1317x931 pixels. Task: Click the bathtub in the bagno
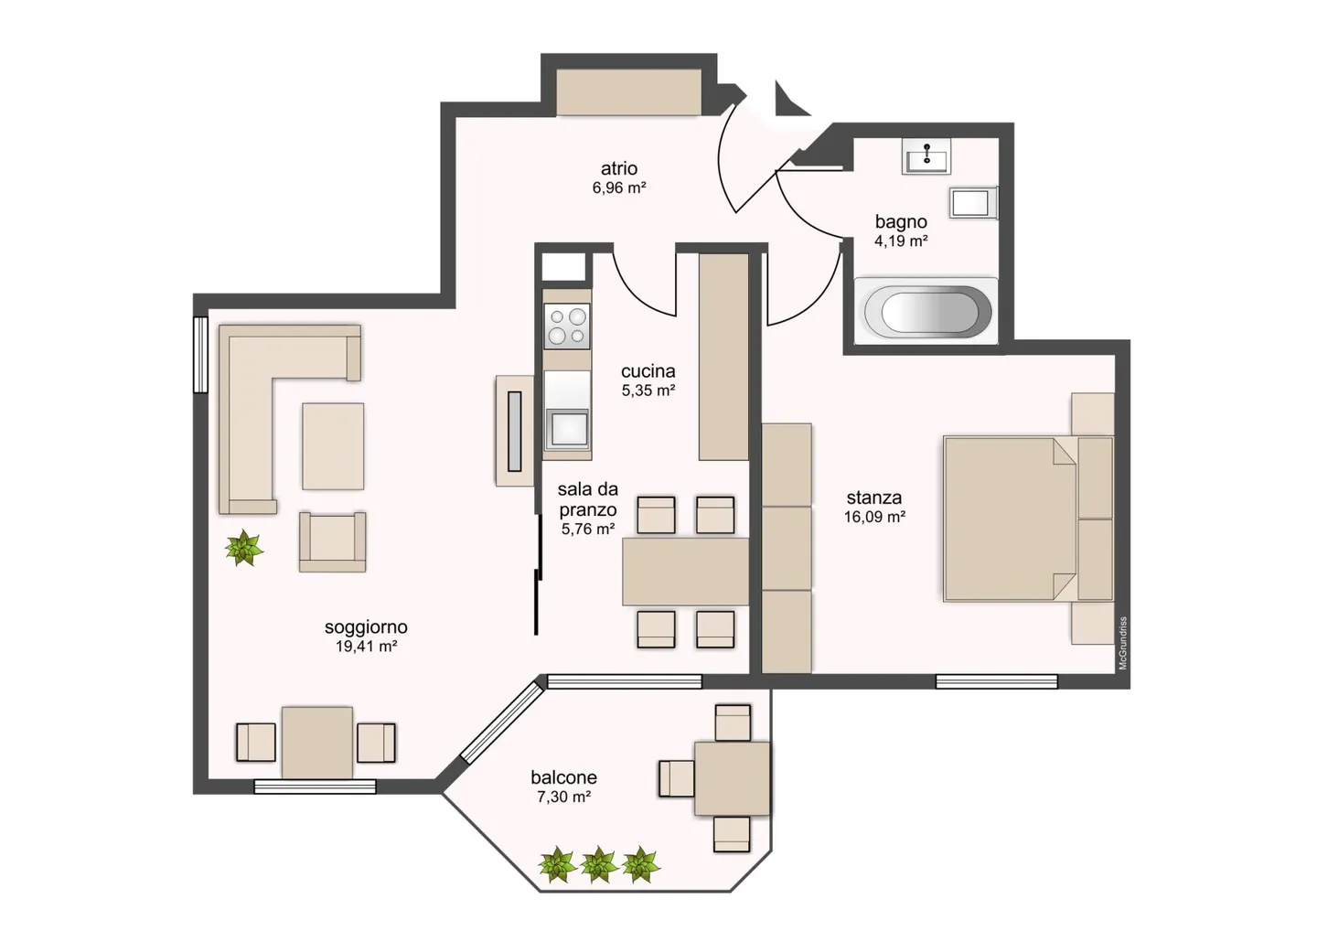926,311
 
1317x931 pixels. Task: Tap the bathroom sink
926,156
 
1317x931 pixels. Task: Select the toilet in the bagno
971,203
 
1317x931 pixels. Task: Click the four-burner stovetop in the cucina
566,326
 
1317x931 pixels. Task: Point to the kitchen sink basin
567,428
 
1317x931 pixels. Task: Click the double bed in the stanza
1010,519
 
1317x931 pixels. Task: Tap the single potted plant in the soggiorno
243,548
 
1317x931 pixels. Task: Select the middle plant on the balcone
598,863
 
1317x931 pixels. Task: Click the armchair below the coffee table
332,541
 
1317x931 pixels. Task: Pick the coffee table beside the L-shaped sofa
333,446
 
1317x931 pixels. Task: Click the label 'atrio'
619,168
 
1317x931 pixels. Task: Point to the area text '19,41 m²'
366,647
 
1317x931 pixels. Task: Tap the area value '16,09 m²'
874,517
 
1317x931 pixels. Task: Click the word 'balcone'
563,777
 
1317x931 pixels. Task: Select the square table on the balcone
732,778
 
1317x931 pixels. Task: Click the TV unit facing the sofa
514,430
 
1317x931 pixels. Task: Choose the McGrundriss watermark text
1123,643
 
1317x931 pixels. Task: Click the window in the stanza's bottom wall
996,681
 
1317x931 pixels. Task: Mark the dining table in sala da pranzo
685,572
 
